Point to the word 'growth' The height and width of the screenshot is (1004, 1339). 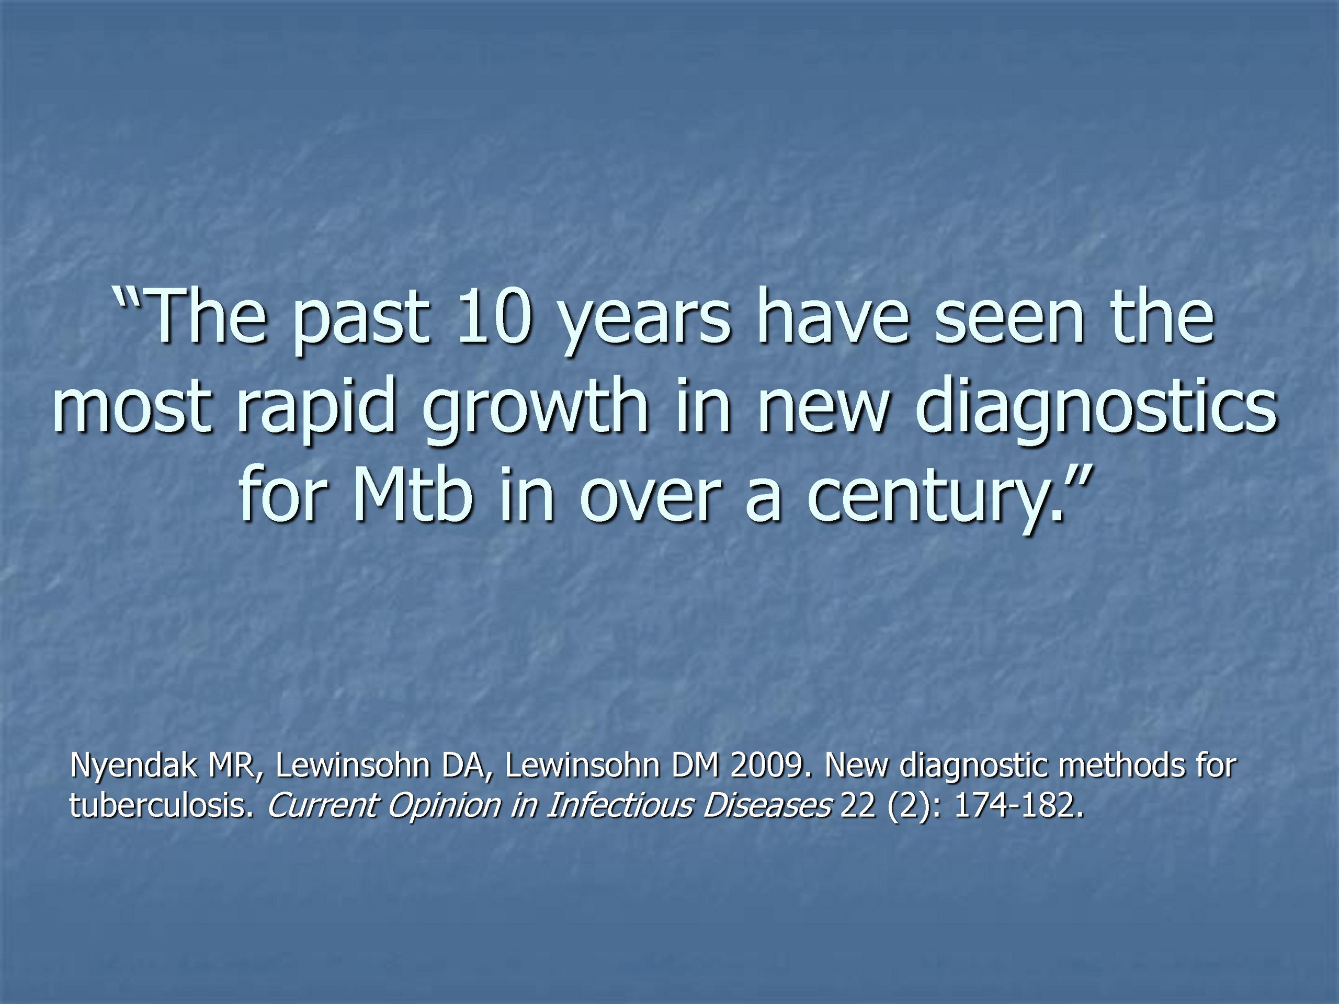[x=535, y=411]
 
